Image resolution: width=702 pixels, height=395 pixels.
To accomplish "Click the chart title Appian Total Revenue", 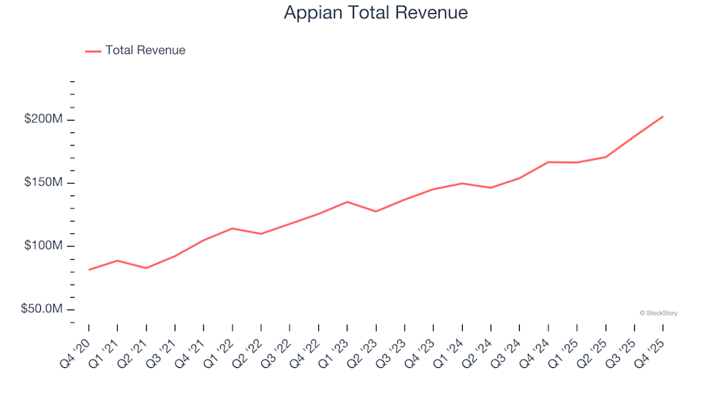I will pyautogui.click(x=375, y=13).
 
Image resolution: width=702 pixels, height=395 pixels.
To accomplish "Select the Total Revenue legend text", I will pyautogui.click(x=145, y=50).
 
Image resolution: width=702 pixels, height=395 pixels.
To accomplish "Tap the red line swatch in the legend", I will pyautogui.click(x=93, y=51).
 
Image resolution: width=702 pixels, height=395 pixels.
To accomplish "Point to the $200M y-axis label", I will pyautogui.click(x=44, y=119).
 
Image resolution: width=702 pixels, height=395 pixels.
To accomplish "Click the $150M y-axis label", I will pyautogui.click(x=44, y=182).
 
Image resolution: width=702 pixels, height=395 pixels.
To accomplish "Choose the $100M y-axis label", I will pyautogui.click(x=44, y=246).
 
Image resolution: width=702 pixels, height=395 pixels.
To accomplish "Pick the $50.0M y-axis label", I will pyautogui.click(x=42, y=309).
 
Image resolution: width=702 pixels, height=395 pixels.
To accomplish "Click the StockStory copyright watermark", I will pyautogui.click(x=658, y=313).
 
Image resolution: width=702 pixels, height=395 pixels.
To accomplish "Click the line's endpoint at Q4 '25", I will pyautogui.click(x=663, y=116).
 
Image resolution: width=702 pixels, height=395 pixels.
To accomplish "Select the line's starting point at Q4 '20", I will pyautogui.click(x=89, y=270).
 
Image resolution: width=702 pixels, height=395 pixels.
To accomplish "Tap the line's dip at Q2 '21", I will pyautogui.click(x=146, y=268).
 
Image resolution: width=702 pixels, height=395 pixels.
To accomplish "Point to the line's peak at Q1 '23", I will pyautogui.click(x=347, y=202).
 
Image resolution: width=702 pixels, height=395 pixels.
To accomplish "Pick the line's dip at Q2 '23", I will pyautogui.click(x=376, y=211).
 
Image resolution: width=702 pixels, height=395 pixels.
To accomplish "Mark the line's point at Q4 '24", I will pyautogui.click(x=548, y=162).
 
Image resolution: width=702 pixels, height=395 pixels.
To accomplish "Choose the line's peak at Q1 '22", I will pyautogui.click(x=233, y=228).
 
